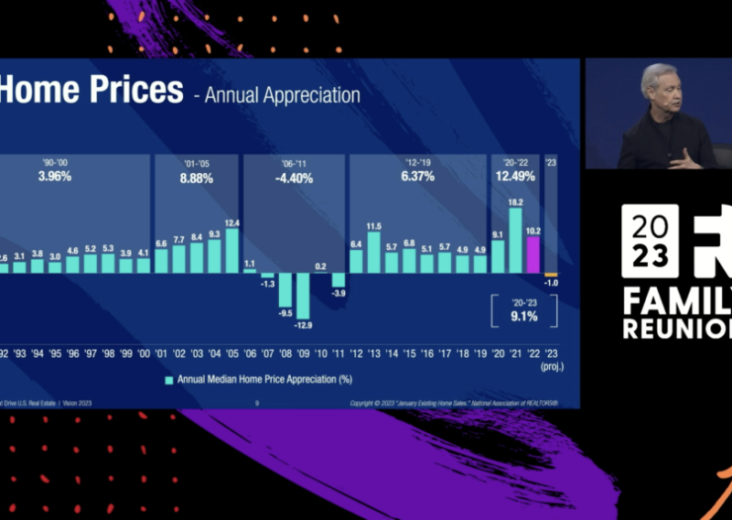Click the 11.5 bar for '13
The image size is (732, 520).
click(373, 253)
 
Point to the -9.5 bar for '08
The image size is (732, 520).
click(285, 290)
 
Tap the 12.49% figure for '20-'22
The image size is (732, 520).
click(515, 177)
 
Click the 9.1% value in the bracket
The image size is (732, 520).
click(515, 318)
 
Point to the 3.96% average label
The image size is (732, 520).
click(55, 177)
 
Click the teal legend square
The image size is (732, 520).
click(169, 379)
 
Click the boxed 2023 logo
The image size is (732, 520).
click(651, 241)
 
